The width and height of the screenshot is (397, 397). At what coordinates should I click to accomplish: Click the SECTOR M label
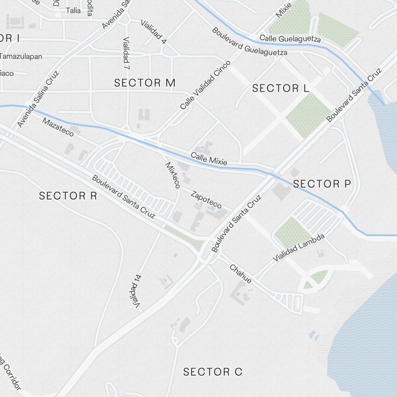145,83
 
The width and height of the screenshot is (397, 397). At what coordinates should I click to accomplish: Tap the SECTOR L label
280,89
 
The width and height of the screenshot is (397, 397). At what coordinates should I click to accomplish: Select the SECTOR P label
322,184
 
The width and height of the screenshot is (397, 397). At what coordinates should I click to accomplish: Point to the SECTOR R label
68,196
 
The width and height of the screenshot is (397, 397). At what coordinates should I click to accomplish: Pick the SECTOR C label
212,372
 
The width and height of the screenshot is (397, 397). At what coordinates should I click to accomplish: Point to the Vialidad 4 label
153,31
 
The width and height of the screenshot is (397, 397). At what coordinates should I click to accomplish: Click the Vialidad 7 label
126,54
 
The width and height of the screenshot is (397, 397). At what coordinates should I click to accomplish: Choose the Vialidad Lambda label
299,248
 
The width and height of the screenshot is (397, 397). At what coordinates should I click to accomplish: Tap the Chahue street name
240,274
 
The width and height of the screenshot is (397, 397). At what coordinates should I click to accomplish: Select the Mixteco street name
173,175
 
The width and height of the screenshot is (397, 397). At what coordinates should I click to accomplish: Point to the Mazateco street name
58,127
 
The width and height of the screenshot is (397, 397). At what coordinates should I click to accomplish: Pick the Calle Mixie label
209,159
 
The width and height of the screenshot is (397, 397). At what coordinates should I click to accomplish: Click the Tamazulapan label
21,56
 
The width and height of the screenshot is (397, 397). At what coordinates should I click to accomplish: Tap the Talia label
73,11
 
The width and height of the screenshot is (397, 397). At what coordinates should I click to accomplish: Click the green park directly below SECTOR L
308,115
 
